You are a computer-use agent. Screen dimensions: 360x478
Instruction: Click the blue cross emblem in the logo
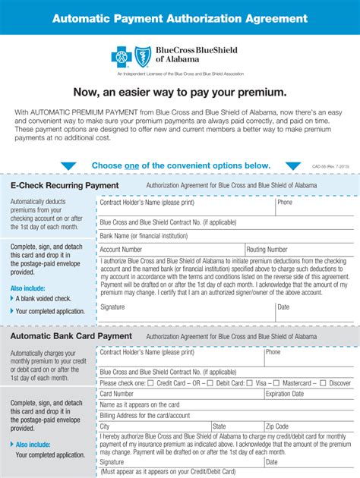pos(122,55)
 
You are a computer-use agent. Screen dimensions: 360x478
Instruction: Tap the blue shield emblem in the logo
pos(143,55)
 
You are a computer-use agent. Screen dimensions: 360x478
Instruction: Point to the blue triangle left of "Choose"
pos(68,166)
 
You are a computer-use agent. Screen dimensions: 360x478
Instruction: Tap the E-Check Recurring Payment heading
pos(64,185)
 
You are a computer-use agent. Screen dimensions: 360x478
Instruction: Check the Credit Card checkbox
pos(150,383)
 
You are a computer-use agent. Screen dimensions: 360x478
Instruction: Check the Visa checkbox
pos(251,383)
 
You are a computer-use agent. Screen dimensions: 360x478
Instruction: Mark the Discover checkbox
pos(324,383)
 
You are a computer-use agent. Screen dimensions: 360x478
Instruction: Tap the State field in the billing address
pos(235,426)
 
